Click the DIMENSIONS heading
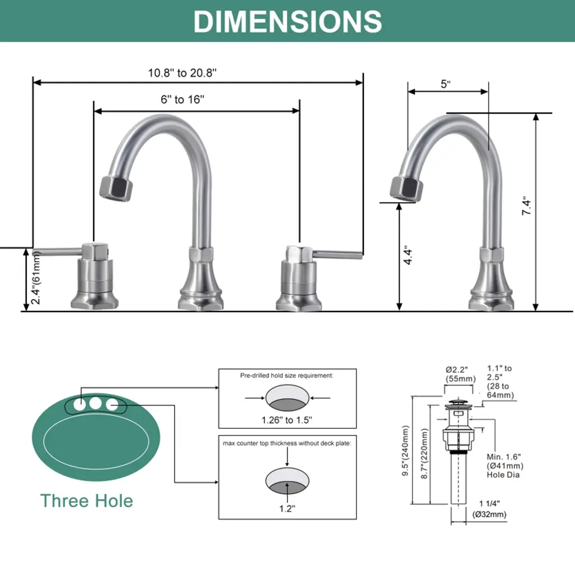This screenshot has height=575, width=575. pyautogui.click(x=287, y=21)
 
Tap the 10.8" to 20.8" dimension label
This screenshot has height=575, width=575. pyautogui.click(x=182, y=72)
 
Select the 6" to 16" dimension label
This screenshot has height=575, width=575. pyautogui.click(x=182, y=99)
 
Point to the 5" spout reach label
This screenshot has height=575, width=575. pyautogui.click(x=445, y=84)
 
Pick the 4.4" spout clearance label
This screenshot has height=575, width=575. pyautogui.click(x=408, y=255)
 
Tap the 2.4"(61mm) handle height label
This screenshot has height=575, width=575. pyautogui.click(x=35, y=277)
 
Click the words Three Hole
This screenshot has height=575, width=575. pyautogui.click(x=86, y=500)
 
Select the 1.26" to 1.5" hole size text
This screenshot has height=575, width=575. pyautogui.click(x=287, y=420)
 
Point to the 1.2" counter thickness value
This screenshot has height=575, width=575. pyautogui.click(x=287, y=509)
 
